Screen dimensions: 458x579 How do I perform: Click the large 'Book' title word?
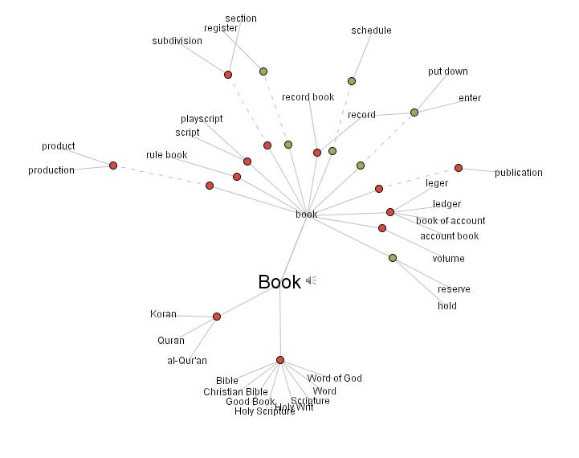click(279, 282)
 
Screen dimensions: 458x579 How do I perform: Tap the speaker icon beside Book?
click(312, 280)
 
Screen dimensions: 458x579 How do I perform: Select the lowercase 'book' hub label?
click(306, 215)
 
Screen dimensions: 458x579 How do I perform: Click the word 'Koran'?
click(163, 314)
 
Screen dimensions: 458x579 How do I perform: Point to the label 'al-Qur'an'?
click(187, 361)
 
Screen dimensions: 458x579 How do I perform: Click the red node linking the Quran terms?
click(217, 317)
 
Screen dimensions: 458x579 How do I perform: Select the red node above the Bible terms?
click(280, 360)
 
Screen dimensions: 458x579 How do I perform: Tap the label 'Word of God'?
click(334, 378)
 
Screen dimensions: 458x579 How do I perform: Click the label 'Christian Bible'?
click(235, 392)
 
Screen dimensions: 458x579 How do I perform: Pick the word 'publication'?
click(518, 173)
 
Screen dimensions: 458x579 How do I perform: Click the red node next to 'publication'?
click(459, 168)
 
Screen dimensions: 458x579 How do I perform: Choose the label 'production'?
click(51, 170)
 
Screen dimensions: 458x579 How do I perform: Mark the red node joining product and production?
click(113, 166)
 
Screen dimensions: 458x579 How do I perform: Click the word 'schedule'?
click(371, 31)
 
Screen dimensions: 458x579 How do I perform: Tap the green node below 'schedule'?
click(352, 81)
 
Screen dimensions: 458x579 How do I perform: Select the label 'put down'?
click(447, 72)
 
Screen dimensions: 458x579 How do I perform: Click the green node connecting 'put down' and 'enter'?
click(414, 112)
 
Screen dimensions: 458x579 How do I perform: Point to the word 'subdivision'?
click(177, 41)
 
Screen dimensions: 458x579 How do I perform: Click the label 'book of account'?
click(451, 221)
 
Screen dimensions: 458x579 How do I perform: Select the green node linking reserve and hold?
click(393, 258)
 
